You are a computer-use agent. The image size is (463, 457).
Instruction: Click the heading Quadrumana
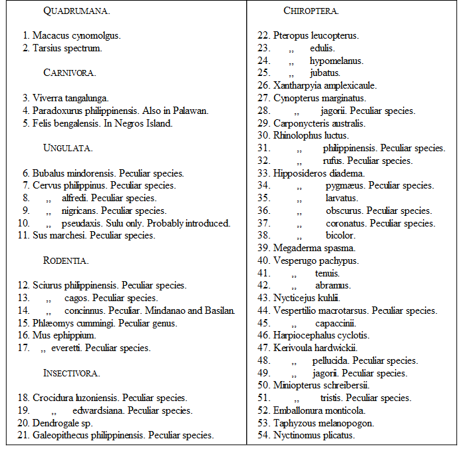(77, 11)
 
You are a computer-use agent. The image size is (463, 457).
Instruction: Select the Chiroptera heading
(311, 11)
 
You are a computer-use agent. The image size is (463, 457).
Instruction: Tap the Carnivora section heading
(69, 73)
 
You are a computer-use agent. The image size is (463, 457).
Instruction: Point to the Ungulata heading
(67, 147)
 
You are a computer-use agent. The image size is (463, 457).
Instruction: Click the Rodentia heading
(66, 260)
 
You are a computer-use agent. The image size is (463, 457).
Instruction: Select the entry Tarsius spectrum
(67, 48)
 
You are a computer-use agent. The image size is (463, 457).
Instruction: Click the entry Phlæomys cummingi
(78, 323)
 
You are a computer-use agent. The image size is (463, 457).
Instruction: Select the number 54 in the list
(263, 435)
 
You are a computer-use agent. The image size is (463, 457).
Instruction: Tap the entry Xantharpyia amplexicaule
(325, 85)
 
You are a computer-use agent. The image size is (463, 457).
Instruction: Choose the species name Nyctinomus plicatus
(314, 435)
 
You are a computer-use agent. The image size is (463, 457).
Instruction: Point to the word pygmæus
(345, 185)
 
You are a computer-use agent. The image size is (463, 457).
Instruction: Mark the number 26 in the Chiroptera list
(263, 85)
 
